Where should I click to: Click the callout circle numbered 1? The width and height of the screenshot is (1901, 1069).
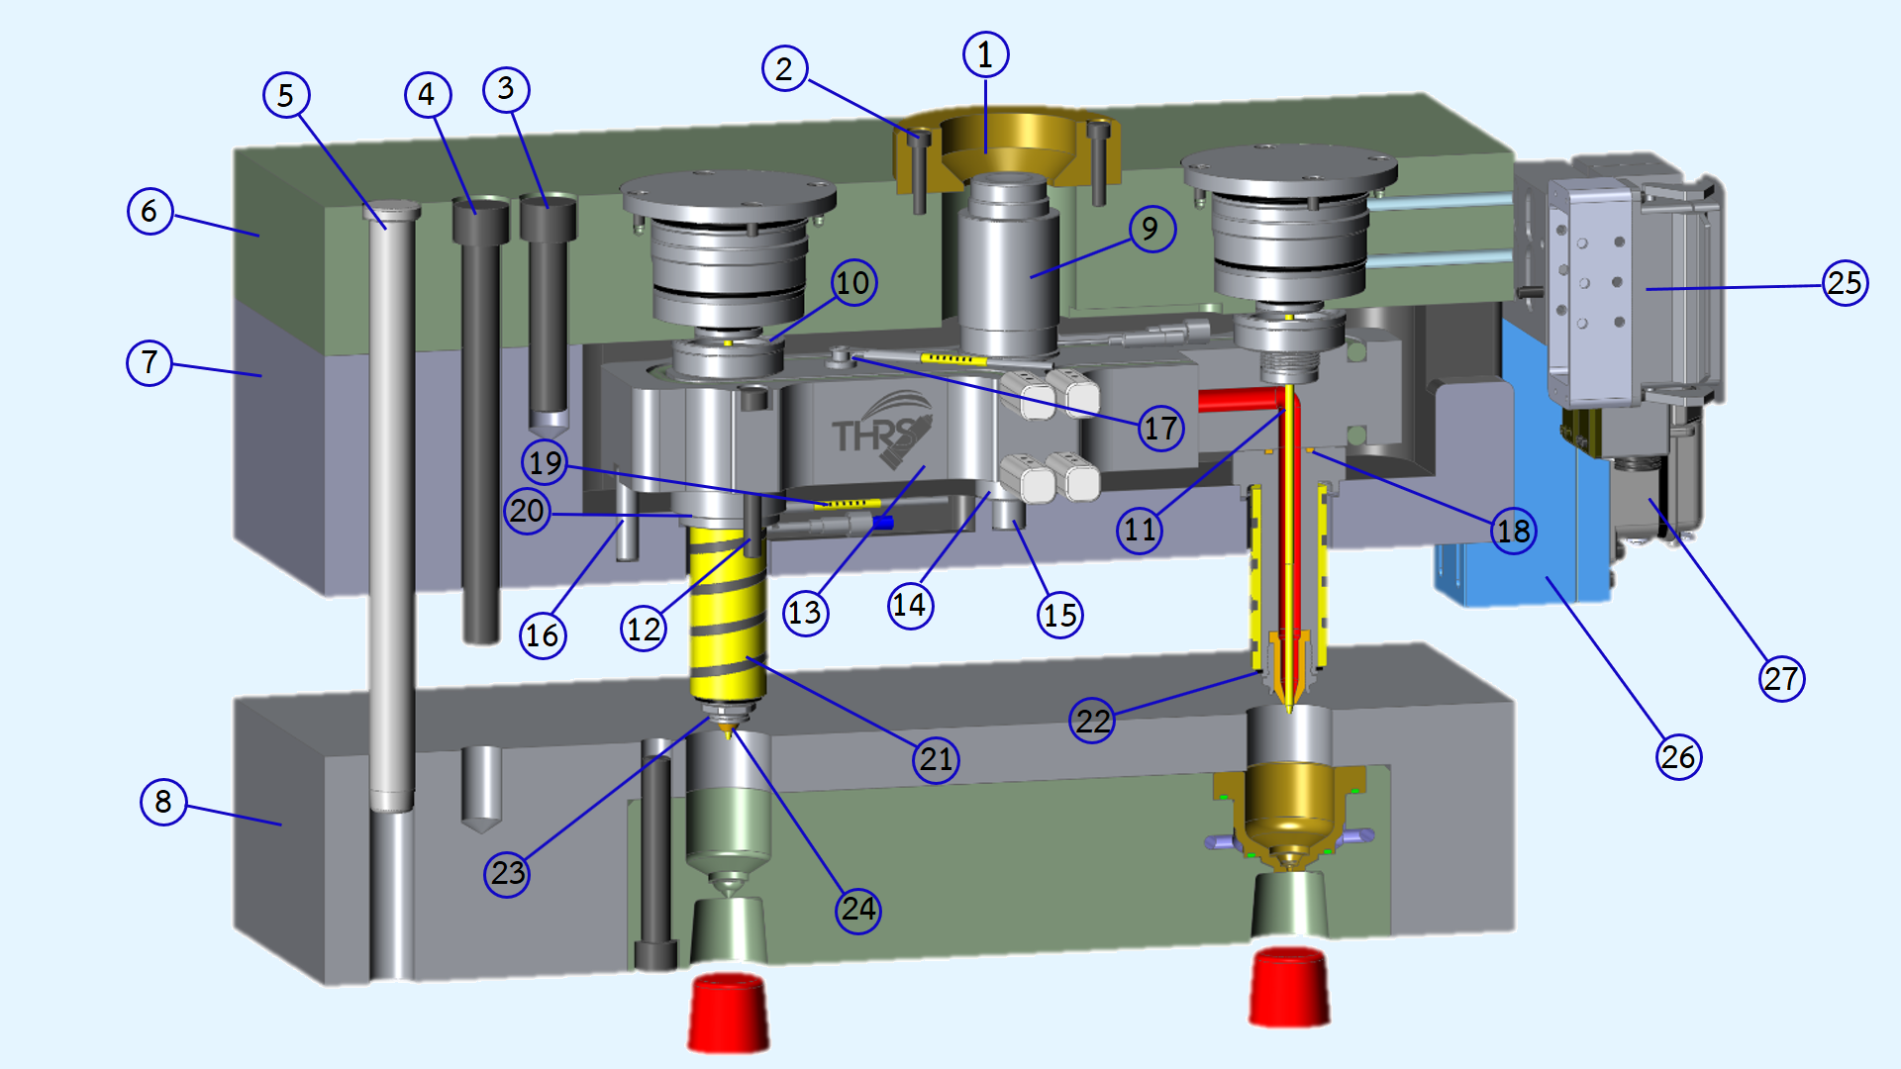pos(985,54)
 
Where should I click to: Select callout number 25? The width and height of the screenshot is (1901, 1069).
pos(1845,283)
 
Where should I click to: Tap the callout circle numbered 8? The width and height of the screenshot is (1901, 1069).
pos(163,801)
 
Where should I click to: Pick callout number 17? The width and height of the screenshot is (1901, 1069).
pos(1160,428)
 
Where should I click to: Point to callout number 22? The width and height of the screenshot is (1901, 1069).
pos(1092,720)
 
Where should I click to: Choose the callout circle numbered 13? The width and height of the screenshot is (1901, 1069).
pos(805,613)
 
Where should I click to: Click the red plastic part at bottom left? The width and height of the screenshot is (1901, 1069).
pos(729,1012)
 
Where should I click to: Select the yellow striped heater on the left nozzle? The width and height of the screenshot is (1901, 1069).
pos(728,614)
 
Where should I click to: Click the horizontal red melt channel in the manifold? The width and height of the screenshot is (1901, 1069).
pos(1238,400)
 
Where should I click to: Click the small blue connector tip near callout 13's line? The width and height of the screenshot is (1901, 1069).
pos(883,523)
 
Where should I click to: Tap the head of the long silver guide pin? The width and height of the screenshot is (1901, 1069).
pos(392,210)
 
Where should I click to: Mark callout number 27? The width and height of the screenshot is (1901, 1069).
pos(1781,679)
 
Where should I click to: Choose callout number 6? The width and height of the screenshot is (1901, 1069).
pos(150,211)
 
